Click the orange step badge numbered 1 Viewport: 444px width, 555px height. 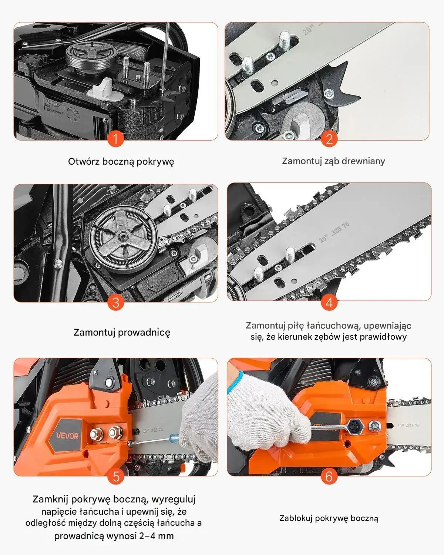115,139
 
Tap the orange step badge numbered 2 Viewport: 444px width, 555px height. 329,139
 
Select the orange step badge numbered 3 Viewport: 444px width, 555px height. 115,302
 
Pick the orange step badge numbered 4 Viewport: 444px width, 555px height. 329,302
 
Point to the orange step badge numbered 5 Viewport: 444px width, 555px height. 116,476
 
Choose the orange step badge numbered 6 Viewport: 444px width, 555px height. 329,476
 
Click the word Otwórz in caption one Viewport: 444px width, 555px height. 84,162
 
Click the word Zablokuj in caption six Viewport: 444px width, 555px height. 296,518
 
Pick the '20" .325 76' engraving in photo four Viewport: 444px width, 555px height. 334,232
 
